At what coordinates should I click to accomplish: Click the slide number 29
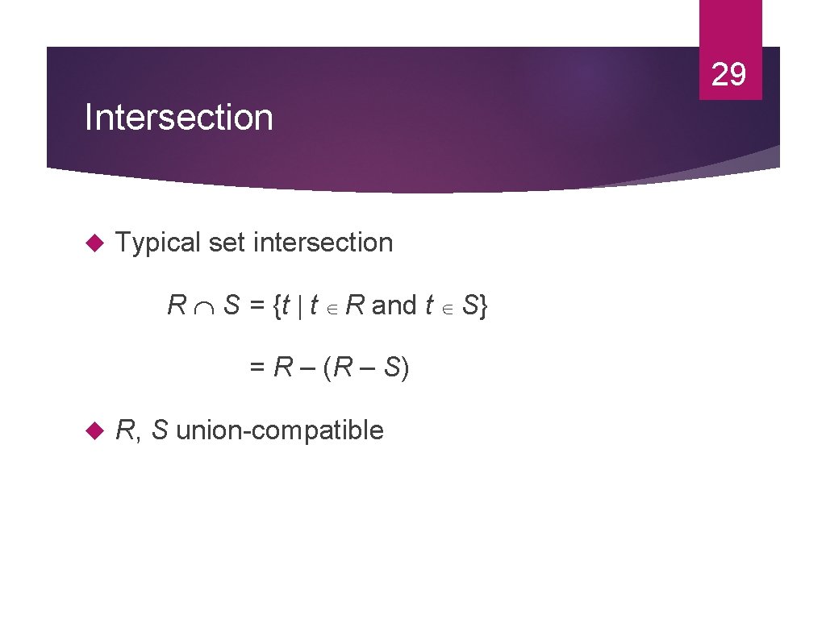(x=729, y=74)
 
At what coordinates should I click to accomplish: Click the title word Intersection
(x=179, y=118)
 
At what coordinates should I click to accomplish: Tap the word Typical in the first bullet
(x=158, y=243)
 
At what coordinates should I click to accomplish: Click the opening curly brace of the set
(x=278, y=306)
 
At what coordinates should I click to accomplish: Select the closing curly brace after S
(x=482, y=306)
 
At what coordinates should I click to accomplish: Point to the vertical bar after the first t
(x=299, y=306)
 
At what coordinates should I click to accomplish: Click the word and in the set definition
(x=394, y=306)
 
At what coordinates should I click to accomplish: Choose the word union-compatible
(x=279, y=430)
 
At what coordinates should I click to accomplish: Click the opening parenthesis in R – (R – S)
(x=327, y=368)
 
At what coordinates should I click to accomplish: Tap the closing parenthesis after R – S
(x=405, y=368)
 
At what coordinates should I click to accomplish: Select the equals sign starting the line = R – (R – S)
(x=257, y=368)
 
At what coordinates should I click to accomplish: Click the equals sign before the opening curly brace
(x=257, y=306)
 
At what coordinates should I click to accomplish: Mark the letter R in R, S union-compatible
(x=125, y=430)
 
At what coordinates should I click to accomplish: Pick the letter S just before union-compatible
(x=160, y=430)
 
